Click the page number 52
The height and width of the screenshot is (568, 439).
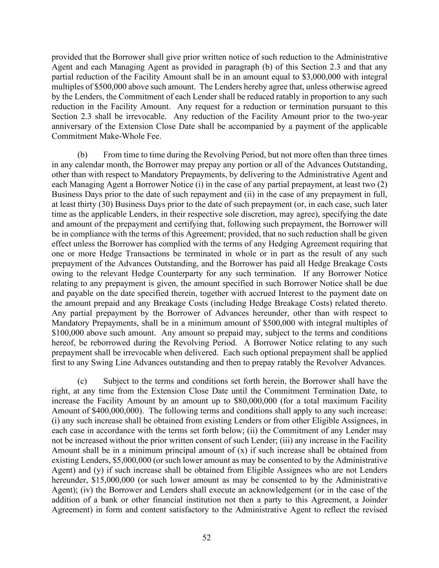206,538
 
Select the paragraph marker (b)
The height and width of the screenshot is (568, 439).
82,154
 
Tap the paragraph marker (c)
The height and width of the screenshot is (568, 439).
82,381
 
